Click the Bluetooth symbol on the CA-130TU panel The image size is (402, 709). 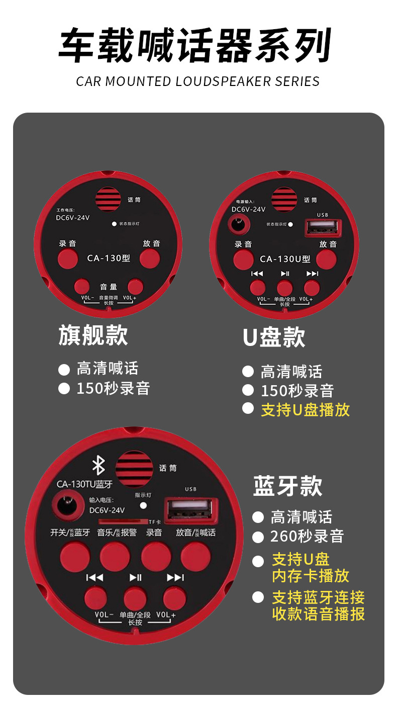click(x=98, y=466)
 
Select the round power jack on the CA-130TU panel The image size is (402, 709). click(x=66, y=504)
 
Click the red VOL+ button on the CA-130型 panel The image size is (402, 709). click(x=135, y=286)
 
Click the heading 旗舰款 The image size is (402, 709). click(x=93, y=335)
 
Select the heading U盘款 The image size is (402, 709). click(x=274, y=337)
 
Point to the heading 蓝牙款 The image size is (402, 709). click(x=287, y=486)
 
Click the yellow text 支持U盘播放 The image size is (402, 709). click(x=305, y=410)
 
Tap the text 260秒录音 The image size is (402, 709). click(x=307, y=536)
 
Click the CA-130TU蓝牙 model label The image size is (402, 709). click(x=84, y=484)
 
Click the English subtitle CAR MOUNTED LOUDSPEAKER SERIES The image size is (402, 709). click(x=198, y=81)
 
